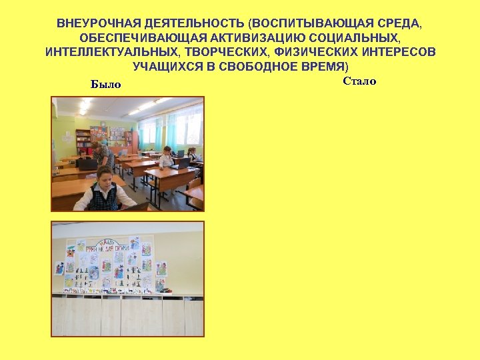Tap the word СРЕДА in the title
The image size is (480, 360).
[x=399, y=23]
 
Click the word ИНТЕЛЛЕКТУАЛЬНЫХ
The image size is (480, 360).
[x=111, y=53]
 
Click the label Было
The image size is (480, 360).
[x=106, y=85]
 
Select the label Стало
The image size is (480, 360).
[x=359, y=81]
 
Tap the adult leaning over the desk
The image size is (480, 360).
[x=103, y=155]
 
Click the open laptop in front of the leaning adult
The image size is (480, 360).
[x=87, y=163]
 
